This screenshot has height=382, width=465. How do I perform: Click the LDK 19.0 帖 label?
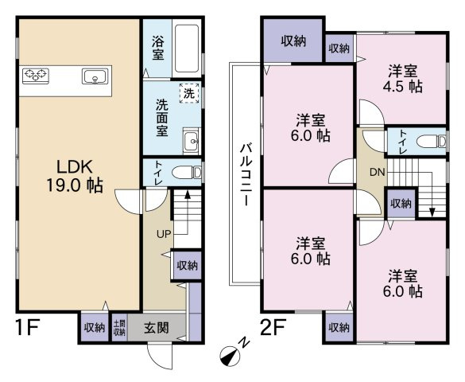click(75, 177)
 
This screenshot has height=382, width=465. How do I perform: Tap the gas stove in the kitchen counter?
click(36, 76)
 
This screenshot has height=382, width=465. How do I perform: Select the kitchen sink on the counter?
click(95, 76)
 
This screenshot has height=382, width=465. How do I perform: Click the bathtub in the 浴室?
click(187, 49)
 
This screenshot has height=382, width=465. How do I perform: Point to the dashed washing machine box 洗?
click(189, 93)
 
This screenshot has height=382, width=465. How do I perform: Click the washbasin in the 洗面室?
click(192, 141)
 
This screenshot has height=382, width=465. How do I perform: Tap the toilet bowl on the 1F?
click(187, 172)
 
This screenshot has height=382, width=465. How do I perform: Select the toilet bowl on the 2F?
click(431, 141)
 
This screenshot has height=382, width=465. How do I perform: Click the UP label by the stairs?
click(164, 235)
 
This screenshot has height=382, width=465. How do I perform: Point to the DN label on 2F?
click(378, 172)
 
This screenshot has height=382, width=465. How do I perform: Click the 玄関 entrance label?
click(157, 328)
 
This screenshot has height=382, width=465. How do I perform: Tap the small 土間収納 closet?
click(119, 328)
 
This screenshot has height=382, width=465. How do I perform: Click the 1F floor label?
click(27, 327)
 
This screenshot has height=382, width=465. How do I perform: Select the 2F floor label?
click(273, 327)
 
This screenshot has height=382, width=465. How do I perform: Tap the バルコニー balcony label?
click(246, 175)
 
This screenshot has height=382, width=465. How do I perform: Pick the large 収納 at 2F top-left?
click(293, 41)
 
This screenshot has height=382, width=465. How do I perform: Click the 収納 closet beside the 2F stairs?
click(401, 204)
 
